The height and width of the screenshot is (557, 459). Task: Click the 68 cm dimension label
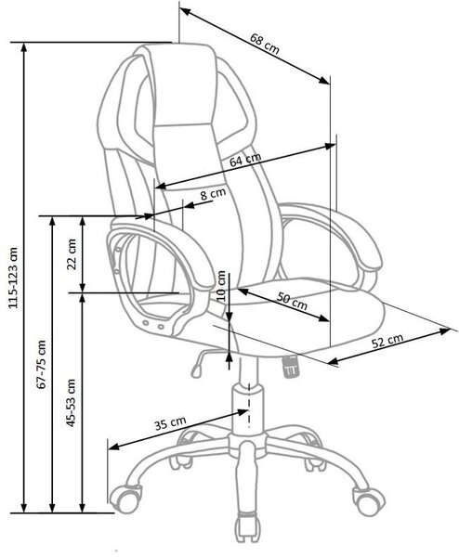pyautogui.click(x=265, y=44)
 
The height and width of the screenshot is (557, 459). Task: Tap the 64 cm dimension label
pyautogui.click(x=245, y=159)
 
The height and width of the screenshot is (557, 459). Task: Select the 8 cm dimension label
pyautogui.click(x=213, y=194)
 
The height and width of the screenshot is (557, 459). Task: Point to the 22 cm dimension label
pyautogui.click(x=72, y=253)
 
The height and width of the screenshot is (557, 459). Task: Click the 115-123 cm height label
pyautogui.click(x=13, y=277)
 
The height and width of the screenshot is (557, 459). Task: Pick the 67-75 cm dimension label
pyautogui.click(x=42, y=364)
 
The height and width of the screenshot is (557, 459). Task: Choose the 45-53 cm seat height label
pyautogui.click(x=72, y=403)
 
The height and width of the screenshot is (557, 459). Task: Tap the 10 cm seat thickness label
pyautogui.click(x=221, y=285)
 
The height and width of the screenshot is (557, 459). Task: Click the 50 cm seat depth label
pyautogui.click(x=293, y=301)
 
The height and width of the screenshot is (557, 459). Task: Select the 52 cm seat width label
pyautogui.click(x=387, y=341)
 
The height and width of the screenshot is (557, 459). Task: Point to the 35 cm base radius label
pyautogui.click(x=170, y=422)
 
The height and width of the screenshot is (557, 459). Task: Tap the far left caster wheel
pyautogui.click(x=125, y=499)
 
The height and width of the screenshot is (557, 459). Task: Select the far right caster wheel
pyautogui.click(x=369, y=501)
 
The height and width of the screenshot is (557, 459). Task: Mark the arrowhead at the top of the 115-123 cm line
pyautogui.click(x=24, y=48)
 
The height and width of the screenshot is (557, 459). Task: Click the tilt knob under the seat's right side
pyautogui.click(x=291, y=367)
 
